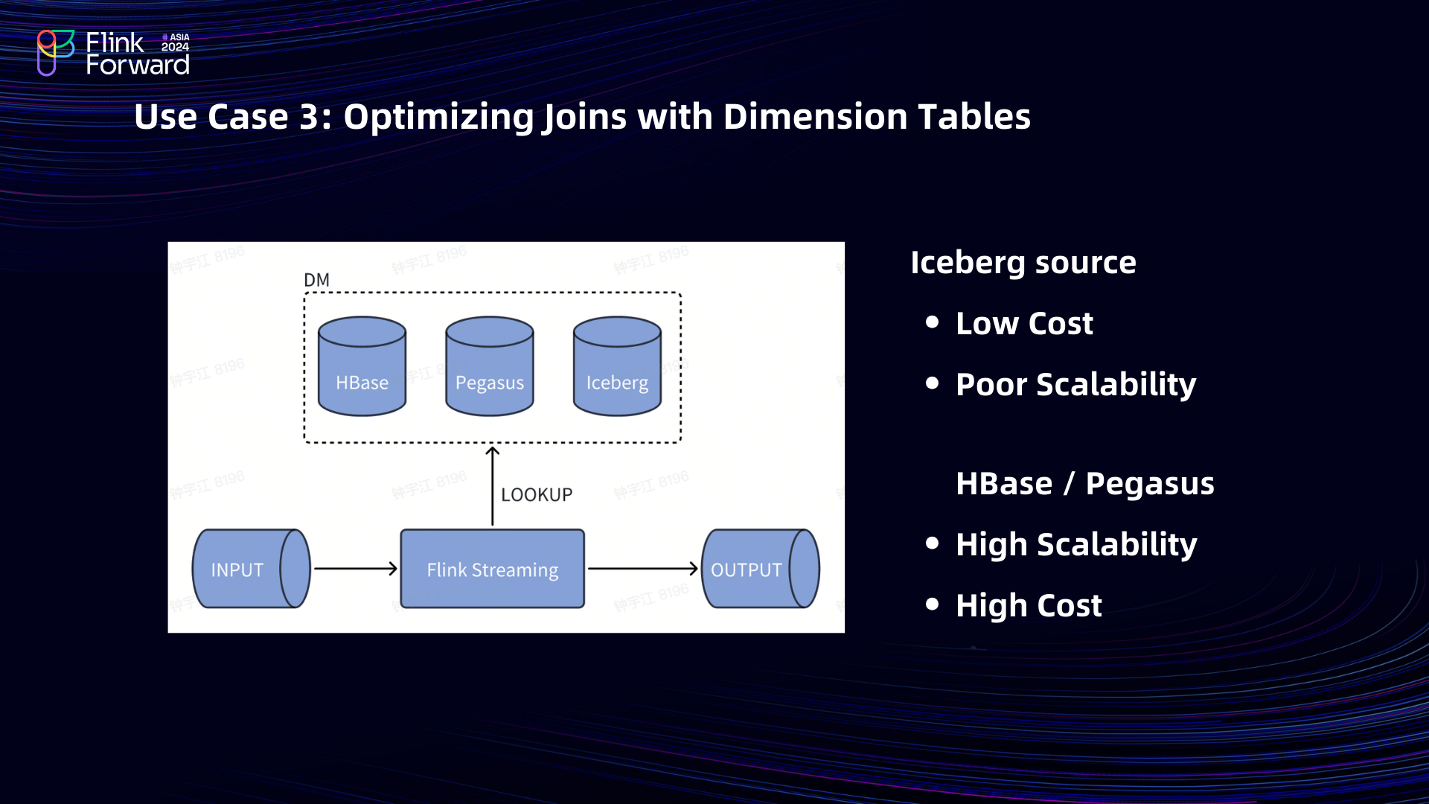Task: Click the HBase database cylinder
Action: point(362,366)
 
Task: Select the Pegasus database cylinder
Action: point(489,366)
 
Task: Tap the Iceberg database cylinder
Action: point(617,366)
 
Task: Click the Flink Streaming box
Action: point(492,569)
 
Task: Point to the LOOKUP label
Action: point(537,495)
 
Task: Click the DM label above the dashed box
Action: point(316,280)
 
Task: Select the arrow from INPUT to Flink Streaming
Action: point(356,569)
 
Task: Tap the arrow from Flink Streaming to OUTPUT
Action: point(642,569)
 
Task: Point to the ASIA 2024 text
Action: point(176,42)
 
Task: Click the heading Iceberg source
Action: point(1023,263)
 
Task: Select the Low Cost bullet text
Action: point(1024,324)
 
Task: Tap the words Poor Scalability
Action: point(1075,385)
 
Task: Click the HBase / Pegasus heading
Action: point(1084,484)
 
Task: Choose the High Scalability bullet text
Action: point(1076,545)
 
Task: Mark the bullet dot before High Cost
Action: point(932,604)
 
